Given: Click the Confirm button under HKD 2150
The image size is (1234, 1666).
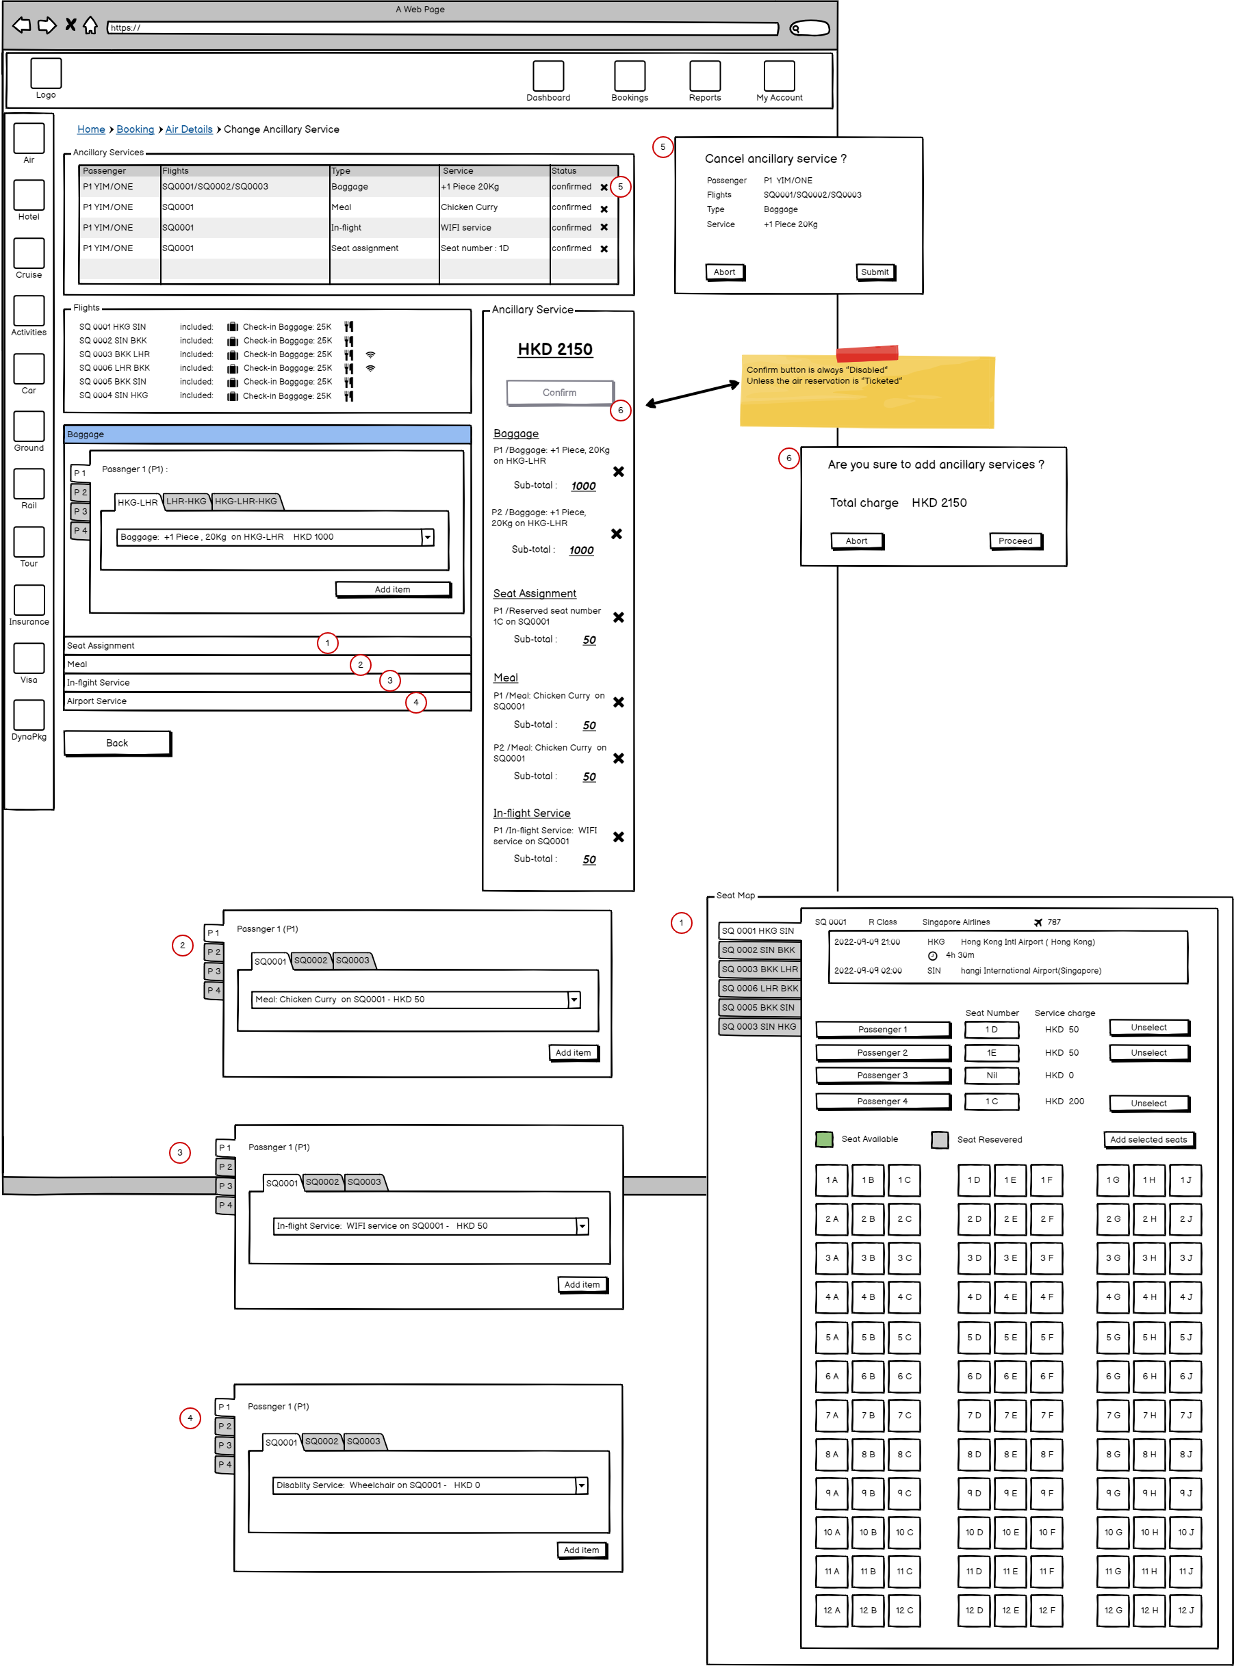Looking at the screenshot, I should pos(559,393).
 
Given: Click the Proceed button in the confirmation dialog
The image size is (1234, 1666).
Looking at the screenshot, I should pos(1014,541).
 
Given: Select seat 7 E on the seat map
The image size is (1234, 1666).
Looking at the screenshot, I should pos(1010,1415).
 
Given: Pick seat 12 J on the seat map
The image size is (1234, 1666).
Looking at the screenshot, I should pos(1185,1610).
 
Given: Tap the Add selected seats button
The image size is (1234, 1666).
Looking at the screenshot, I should pos(1148,1140).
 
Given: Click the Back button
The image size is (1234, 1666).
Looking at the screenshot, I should pos(117,743).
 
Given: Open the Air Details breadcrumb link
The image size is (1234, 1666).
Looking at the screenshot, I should pos(189,129).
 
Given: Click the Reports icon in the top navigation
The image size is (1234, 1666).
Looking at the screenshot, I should pos(704,76).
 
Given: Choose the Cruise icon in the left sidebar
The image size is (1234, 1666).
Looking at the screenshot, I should pos(29,253).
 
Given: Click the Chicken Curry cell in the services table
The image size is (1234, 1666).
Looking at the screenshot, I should pos(469,207).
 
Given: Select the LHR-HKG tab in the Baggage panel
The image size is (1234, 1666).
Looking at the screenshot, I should pos(186,501).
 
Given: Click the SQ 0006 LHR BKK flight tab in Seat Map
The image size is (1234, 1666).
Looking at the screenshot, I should pos(760,988).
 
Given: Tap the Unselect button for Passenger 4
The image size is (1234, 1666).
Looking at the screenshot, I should pos(1148,1103).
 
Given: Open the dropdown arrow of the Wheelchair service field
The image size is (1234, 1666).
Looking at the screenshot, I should pos(581,1485).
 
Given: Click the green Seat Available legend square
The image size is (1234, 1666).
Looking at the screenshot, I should pos(824,1140).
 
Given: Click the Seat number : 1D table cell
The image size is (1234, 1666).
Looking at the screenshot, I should pos(475,248).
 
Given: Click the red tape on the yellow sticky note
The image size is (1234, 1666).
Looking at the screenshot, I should pos(866,352).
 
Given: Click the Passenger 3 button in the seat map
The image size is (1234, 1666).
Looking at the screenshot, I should pos(882,1076).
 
